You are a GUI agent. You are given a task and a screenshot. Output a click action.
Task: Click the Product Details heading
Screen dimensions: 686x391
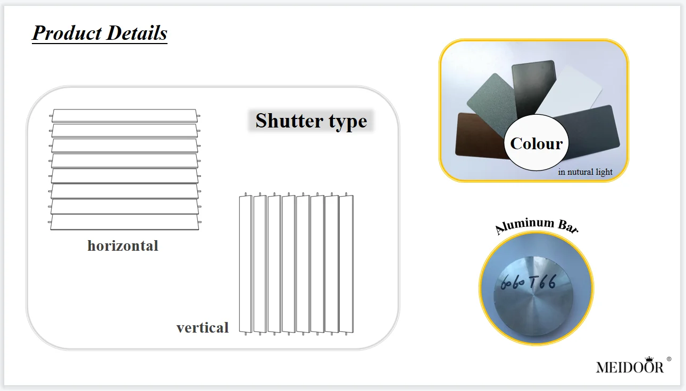coord(99,33)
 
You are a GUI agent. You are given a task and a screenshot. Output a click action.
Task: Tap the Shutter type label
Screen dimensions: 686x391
coord(311,121)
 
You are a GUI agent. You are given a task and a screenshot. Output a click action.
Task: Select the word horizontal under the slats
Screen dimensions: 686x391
coord(123,246)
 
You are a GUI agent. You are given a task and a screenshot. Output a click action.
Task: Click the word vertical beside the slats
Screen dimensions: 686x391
coord(203,327)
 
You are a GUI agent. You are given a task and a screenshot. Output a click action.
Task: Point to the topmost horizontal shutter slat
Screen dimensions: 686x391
coord(125,115)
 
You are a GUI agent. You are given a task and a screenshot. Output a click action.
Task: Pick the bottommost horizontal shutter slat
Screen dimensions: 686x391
coord(124,223)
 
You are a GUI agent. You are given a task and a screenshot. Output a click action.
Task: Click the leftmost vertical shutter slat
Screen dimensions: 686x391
coord(245,263)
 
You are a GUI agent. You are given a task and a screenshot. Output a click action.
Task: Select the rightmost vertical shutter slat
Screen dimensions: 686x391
coord(346,263)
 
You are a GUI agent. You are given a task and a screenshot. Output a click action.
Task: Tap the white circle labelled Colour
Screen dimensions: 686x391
coord(536,143)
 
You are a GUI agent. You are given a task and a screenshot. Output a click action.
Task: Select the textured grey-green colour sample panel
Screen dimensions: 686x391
coord(488,98)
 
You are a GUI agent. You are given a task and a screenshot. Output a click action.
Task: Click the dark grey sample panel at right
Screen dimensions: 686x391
coord(593,133)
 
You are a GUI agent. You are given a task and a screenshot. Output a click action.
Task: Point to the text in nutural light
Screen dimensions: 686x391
coord(585,172)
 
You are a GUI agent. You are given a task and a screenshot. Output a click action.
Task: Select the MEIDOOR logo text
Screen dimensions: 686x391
coord(630,367)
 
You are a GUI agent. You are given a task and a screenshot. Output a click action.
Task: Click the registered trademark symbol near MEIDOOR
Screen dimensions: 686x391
coord(669,359)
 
